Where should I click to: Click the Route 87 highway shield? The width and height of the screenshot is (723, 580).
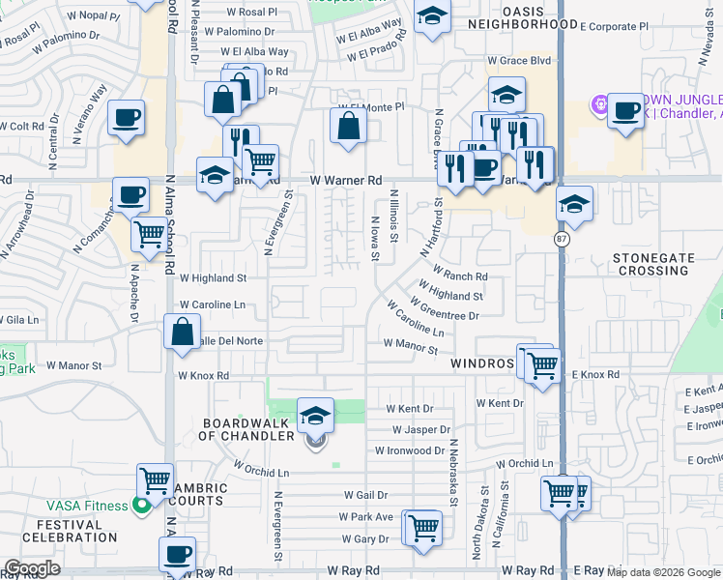[x=562, y=238]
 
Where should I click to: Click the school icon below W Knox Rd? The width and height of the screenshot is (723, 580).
[x=315, y=416]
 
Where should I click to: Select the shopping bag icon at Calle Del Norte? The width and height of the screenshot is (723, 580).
[x=183, y=332]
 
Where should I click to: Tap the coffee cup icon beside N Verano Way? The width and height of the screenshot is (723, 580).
[x=126, y=118]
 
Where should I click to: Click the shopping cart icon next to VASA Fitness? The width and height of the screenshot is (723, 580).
[x=156, y=479]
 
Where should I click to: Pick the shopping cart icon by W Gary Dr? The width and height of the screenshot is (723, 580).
[x=422, y=527]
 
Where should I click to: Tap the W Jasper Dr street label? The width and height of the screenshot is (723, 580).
[x=420, y=429]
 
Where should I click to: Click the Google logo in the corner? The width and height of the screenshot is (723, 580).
[x=33, y=568]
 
